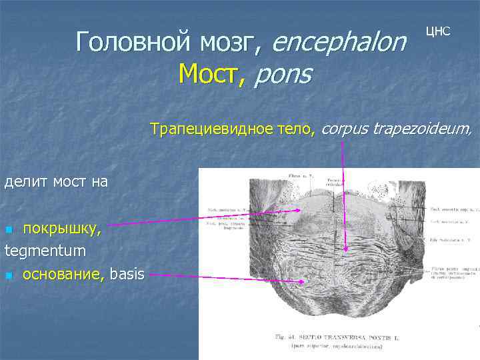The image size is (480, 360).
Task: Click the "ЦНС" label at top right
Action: [x=438, y=31]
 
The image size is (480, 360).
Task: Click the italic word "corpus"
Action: [x=346, y=128]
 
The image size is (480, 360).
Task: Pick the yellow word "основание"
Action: [x=63, y=274]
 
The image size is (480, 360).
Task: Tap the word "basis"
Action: [x=127, y=274]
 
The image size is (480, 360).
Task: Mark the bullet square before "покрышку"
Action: [x=9, y=231]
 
